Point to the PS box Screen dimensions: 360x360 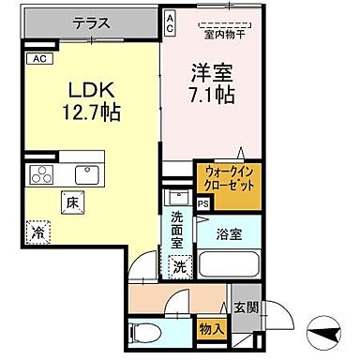[203, 202]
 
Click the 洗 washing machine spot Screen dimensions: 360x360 [179, 267]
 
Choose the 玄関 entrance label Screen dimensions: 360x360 [245, 307]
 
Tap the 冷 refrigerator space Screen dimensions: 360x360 [38, 230]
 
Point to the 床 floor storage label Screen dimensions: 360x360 [72, 199]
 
